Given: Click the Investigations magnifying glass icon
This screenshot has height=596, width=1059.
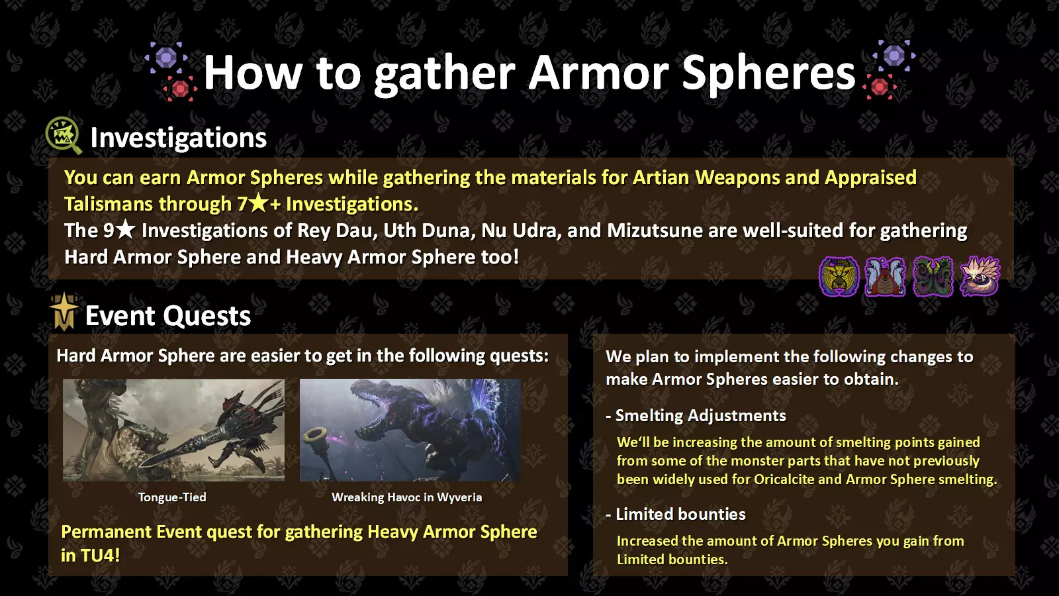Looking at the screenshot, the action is click(x=64, y=135).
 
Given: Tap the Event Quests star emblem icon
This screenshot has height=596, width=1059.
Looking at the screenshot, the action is click(x=64, y=311).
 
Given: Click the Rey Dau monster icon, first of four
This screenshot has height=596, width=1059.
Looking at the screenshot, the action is click(x=839, y=277).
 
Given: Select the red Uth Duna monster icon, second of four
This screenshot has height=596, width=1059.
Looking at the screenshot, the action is click(x=885, y=277).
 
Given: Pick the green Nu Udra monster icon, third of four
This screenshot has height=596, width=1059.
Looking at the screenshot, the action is click(x=933, y=277).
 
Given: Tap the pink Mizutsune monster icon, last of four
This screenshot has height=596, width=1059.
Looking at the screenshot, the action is click(x=980, y=277).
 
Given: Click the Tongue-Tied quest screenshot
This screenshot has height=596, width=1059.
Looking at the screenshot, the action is click(x=173, y=430).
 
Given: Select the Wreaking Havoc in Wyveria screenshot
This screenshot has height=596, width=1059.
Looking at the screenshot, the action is click(x=410, y=430).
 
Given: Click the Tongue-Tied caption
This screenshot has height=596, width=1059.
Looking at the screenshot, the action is click(x=172, y=497).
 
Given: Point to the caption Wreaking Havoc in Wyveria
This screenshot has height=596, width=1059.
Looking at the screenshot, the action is click(x=406, y=497).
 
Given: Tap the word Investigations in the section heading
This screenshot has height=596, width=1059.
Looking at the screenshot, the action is click(x=178, y=138).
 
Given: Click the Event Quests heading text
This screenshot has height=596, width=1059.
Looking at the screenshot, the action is click(x=168, y=316).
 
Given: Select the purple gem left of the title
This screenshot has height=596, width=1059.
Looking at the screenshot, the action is click(x=166, y=58).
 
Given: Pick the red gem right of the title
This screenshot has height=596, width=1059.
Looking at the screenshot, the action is click(x=880, y=87).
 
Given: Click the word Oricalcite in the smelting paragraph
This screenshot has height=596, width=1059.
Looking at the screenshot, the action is click(x=784, y=479).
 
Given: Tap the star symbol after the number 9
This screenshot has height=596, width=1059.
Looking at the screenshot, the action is click(x=125, y=230).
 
